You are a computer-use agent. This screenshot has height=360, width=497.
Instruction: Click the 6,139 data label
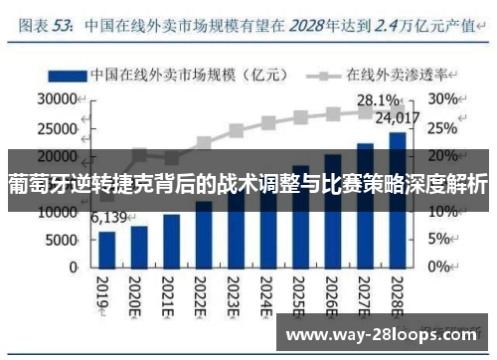(109, 218)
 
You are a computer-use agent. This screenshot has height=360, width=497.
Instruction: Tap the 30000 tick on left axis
(58, 99)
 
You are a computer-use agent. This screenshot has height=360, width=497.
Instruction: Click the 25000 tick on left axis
(58, 127)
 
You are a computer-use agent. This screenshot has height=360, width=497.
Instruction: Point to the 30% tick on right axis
(443, 99)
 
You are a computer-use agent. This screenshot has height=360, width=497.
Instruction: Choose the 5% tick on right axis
(440, 240)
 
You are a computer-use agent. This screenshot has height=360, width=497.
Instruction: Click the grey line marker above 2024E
(268, 123)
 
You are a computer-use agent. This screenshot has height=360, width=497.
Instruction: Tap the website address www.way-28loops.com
(384, 332)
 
